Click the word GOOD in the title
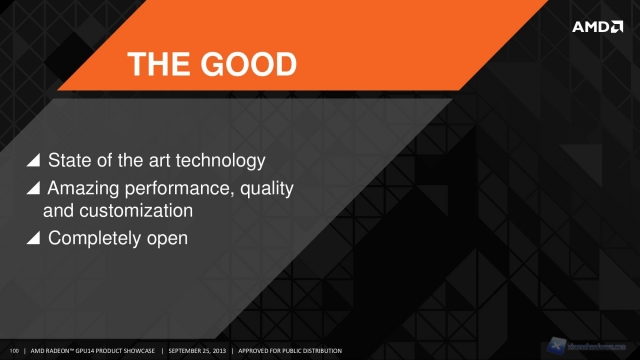click(x=247, y=66)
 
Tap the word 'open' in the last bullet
click(x=166, y=239)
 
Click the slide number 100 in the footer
click(x=13, y=350)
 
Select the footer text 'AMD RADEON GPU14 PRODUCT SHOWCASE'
click(x=93, y=350)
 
